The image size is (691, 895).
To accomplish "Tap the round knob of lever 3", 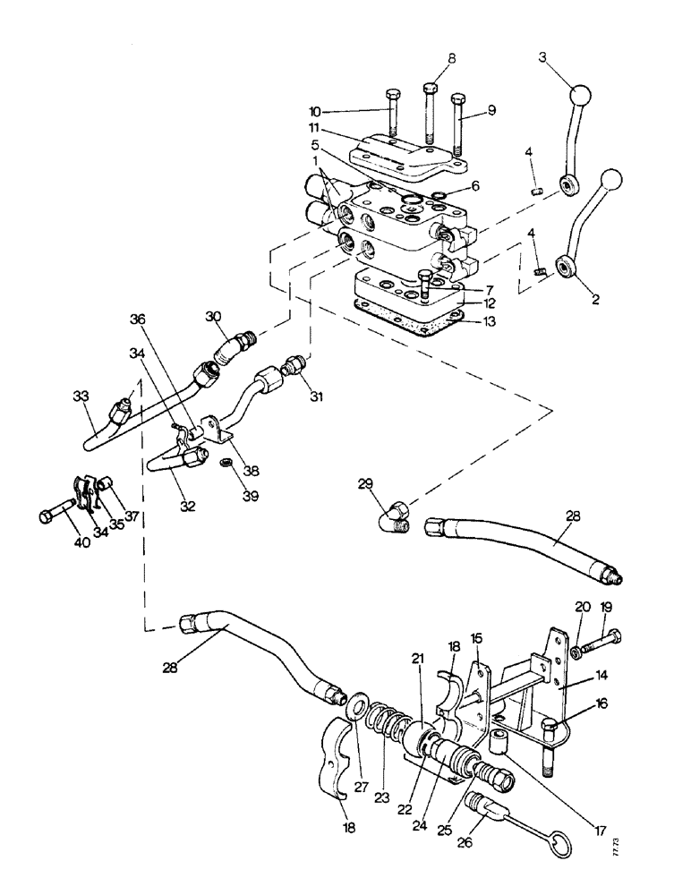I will click(x=580, y=95).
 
